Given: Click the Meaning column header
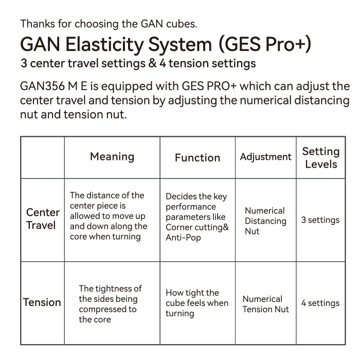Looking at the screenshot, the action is pyautogui.click(x=112, y=157).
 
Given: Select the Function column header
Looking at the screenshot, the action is pyautogui.click(x=197, y=158).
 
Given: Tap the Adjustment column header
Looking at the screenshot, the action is pyautogui.click(x=266, y=157).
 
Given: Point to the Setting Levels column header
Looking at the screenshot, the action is pyautogui.click(x=321, y=158).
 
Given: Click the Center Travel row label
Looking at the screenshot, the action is pyautogui.click(x=43, y=219).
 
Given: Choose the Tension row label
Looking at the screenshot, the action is pyautogui.click(x=42, y=302).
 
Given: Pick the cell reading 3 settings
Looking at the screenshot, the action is pyautogui.click(x=320, y=220).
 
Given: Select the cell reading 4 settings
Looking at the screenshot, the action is pyautogui.click(x=320, y=303).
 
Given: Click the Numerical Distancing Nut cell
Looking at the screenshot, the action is pyautogui.click(x=265, y=221).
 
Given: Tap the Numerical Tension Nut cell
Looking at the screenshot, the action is pyautogui.click(x=266, y=304).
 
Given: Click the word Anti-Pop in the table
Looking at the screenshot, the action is pyautogui.click(x=183, y=238).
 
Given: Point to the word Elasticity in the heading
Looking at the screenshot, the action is pyautogui.click(x=105, y=44).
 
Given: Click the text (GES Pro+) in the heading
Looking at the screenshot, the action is pyautogui.click(x=265, y=44).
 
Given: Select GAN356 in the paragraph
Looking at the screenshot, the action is pyautogui.click(x=43, y=86).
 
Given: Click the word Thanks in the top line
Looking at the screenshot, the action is pyautogui.click(x=38, y=24).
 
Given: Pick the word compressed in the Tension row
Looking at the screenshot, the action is pyautogui.click(x=107, y=310).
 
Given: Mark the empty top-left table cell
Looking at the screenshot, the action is pyautogui.click(x=43, y=157).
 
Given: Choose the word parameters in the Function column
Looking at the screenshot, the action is pyautogui.click(x=195, y=218).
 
